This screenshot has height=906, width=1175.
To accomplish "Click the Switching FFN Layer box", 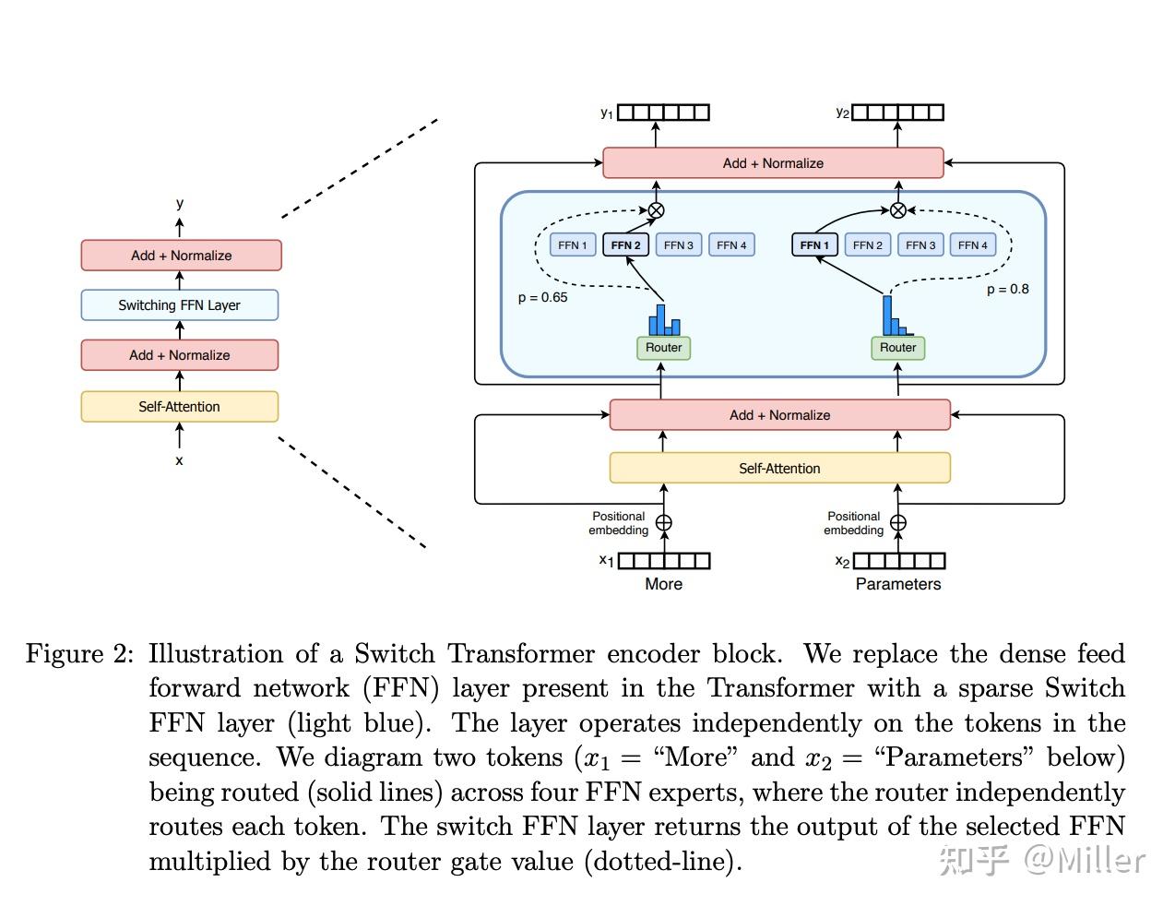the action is (180, 305).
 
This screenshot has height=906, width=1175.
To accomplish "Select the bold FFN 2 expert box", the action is (625, 245).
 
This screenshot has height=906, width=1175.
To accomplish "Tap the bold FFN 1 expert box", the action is (814, 245).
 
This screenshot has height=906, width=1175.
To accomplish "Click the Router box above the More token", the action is (663, 348).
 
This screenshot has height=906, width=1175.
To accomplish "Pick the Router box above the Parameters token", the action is (897, 348).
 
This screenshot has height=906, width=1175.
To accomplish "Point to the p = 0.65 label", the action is (542, 297).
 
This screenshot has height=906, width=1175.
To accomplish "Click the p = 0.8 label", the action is (1007, 290).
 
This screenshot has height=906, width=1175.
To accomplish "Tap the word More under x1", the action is (663, 584).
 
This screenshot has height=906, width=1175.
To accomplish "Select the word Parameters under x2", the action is (897, 584).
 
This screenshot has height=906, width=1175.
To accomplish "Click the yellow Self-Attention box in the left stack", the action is (180, 407).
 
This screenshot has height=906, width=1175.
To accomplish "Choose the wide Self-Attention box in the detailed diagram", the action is (779, 468).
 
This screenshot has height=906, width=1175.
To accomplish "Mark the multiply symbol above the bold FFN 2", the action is (656, 210).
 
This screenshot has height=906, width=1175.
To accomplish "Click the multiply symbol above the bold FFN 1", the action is (897, 210).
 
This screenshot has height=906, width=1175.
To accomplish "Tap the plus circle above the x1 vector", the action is (663, 523).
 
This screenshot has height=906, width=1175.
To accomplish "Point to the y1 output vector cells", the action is (663, 113).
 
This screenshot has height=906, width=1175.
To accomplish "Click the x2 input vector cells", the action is (898, 561).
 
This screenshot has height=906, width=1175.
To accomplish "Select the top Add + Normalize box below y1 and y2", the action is (773, 162).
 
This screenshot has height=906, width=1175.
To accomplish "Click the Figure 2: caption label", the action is (79, 653).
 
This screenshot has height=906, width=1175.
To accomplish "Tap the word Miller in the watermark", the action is (1101, 861).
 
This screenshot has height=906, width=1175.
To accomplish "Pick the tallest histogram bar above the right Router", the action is (887, 316).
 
